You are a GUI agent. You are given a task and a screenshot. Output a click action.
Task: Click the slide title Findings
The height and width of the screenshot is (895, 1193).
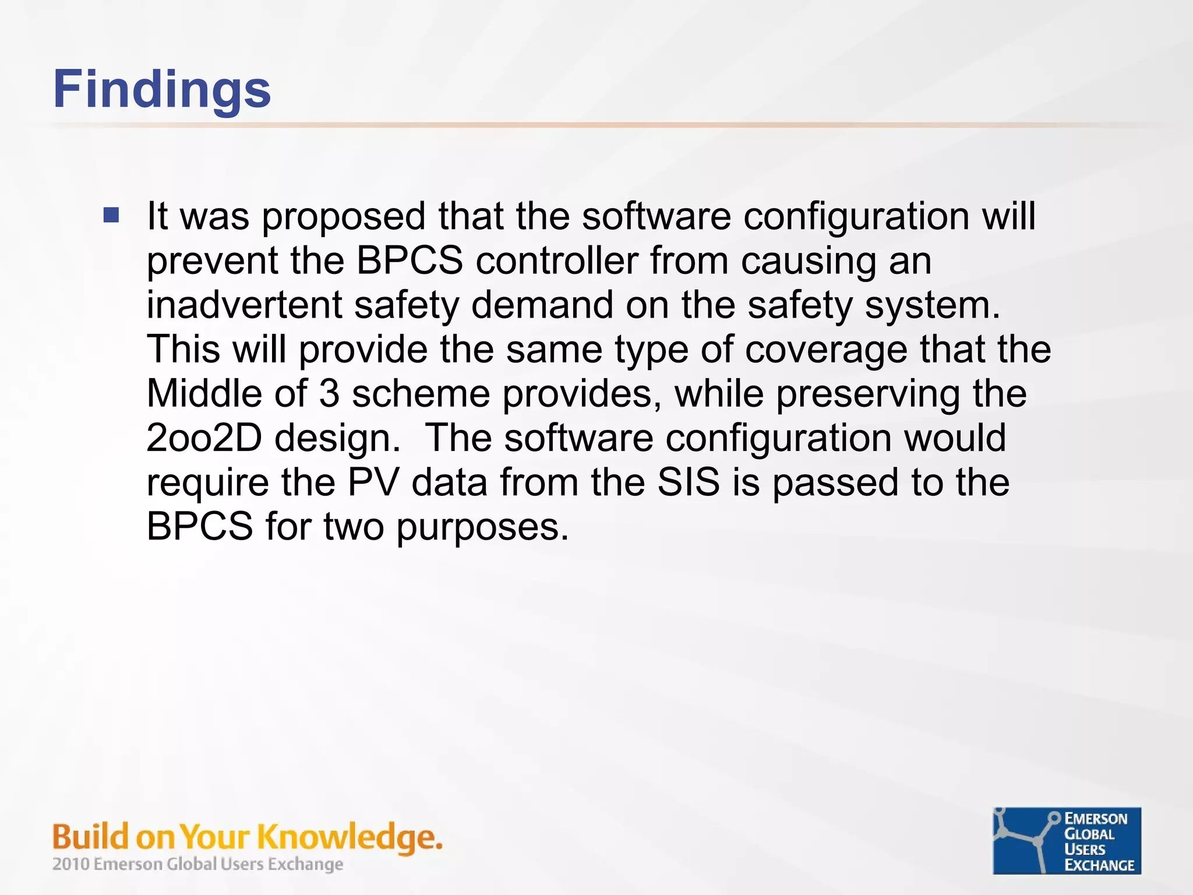coord(162,90)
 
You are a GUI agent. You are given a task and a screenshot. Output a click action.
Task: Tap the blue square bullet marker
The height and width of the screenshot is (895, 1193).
coord(111,216)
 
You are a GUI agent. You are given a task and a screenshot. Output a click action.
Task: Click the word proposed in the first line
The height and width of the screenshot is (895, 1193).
coord(344,217)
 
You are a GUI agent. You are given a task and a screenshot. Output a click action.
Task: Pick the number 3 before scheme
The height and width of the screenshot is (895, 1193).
coord(329,393)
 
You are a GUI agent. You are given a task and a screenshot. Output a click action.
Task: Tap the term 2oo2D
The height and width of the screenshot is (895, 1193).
coord(204,438)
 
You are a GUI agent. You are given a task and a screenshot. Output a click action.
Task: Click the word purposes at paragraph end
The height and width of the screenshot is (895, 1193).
coord(482,527)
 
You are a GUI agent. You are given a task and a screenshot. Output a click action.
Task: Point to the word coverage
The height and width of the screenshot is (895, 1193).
coord(825,349)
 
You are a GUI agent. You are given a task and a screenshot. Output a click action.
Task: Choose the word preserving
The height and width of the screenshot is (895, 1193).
coord(868,393)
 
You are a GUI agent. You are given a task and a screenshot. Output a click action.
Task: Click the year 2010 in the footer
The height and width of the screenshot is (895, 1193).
coord(71,864)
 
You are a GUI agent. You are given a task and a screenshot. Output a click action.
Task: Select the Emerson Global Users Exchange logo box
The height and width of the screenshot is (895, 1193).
coord(1067,840)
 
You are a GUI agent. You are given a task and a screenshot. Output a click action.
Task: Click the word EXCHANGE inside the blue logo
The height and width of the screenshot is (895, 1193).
coord(1099,865)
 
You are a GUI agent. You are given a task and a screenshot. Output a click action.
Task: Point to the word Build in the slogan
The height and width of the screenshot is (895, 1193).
coord(90,837)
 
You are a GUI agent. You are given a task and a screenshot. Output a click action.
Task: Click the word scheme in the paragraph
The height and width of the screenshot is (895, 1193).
coord(421,393)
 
